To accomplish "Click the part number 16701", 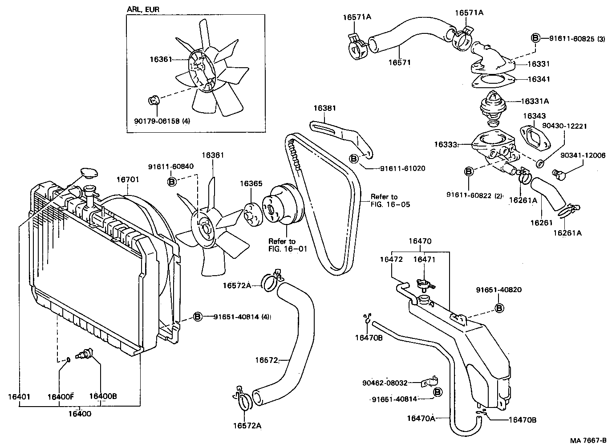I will click(x=128, y=180).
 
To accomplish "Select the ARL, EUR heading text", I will click(x=143, y=9).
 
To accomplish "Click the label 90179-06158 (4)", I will click(x=162, y=121).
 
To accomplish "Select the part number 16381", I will click(x=324, y=108).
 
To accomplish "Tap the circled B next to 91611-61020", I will click(x=354, y=159).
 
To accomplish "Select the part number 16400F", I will click(x=61, y=396).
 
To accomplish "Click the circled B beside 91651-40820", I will click(x=499, y=308).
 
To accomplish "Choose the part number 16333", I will click(x=446, y=144).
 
